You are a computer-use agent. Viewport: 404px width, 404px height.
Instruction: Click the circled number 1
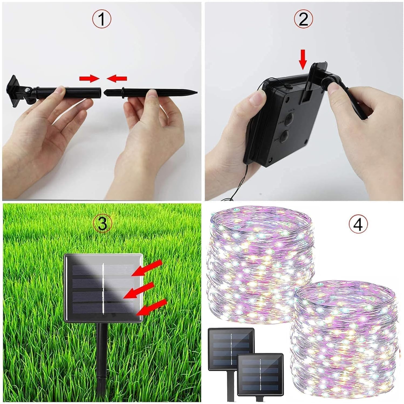click(101, 19)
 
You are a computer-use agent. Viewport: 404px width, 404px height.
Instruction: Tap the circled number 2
click(303, 19)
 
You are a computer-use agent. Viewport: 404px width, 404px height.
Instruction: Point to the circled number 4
click(358, 225)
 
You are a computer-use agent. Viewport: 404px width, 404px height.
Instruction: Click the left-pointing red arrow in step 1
click(117, 78)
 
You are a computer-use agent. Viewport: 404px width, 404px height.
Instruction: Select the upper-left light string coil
click(260, 264)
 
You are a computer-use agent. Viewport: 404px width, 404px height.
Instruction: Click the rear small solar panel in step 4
click(231, 345)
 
